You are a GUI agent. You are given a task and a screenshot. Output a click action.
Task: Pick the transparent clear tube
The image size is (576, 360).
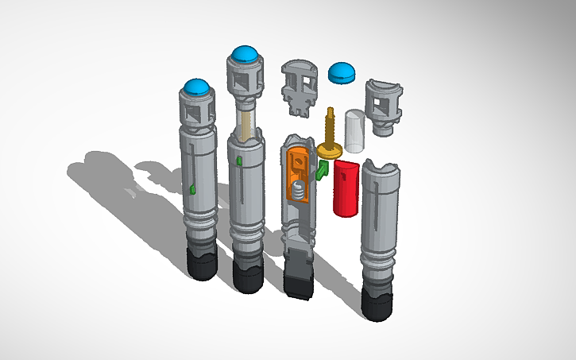pyautogui.click(x=354, y=130)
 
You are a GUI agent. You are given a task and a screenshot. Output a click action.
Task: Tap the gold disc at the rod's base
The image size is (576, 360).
pyautogui.click(x=329, y=149)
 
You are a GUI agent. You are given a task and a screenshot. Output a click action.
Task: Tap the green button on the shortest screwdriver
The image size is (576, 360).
pyautogui.click(x=193, y=188)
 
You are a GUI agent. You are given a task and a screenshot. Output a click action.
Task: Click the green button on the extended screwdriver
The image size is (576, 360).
pyautogui.click(x=239, y=162)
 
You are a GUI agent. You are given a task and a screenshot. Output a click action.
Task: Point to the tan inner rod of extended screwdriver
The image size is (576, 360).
pyautogui.click(x=245, y=122)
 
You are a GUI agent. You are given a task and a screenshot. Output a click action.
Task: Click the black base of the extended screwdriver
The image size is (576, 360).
pyautogui.click(x=248, y=275)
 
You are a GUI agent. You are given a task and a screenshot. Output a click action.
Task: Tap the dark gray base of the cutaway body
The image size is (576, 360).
pyautogui.click(x=300, y=274)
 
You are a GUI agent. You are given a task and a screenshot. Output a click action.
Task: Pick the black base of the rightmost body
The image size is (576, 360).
pyautogui.click(x=377, y=302)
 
